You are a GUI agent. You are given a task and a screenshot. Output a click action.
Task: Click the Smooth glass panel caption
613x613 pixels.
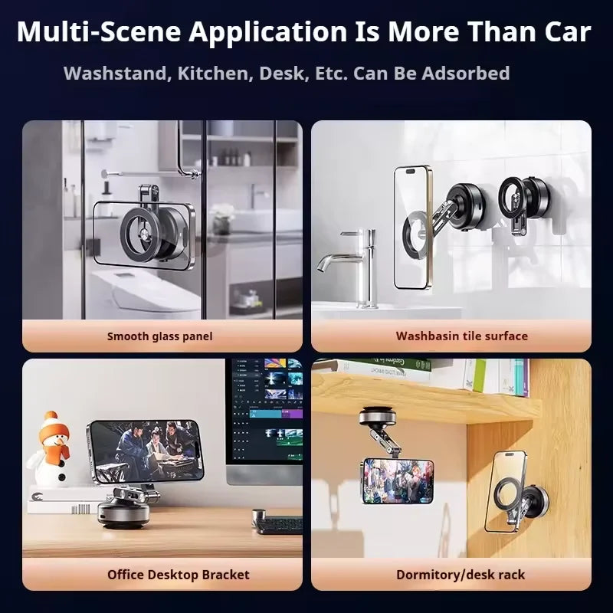159,336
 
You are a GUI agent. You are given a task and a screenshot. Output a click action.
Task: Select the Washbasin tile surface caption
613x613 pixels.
461,336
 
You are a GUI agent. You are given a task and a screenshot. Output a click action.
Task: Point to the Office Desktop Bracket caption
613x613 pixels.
179,574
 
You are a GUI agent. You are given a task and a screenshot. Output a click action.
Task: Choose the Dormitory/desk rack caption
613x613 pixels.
461,574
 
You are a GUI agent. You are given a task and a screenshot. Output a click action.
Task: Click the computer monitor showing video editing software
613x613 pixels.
266,418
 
